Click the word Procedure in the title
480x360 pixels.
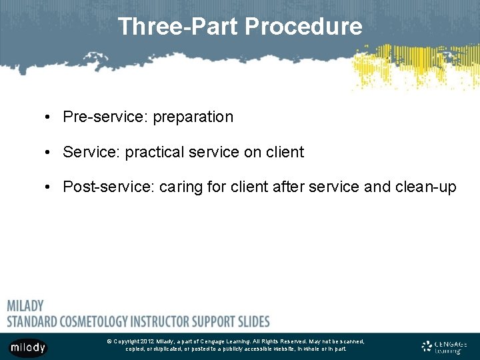[x=304, y=27]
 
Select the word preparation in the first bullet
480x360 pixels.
[x=193, y=117]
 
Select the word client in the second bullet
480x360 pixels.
[x=285, y=152]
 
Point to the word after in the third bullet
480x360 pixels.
[x=289, y=187]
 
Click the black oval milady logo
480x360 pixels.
[x=27, y=347]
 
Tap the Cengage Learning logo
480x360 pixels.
[x=444, y=346]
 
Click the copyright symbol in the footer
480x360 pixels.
[x=109, y=341]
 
